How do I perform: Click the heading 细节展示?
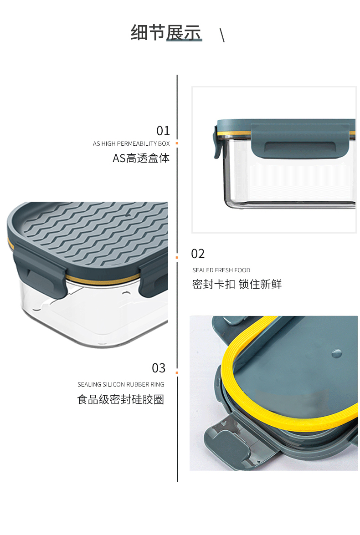pos(166,33)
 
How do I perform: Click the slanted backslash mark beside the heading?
pos(222,35)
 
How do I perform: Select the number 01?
pos(163,131)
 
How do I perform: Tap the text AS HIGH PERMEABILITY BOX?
pos(131,143)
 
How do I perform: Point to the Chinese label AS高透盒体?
pos(141,158)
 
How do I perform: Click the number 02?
pos(198,254)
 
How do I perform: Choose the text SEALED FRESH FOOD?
pos(221,270)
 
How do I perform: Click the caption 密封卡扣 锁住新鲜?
pos(237,284)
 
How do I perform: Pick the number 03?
pos(159,368)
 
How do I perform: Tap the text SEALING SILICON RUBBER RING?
pos(121,385)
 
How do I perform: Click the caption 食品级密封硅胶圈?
pos(121,399)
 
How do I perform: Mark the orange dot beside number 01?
pos(177,143)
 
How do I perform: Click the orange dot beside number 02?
pos(177,257)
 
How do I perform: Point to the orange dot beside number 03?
pos(177,372)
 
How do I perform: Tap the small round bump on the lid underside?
pos(336,353)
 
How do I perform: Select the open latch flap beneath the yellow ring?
pos(227,443)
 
